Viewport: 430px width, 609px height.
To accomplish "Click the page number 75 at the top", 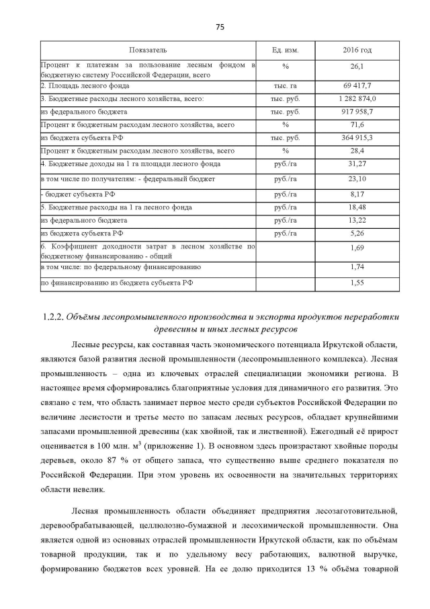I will point(219,27).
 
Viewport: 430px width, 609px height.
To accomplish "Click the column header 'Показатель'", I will point(148,50).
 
